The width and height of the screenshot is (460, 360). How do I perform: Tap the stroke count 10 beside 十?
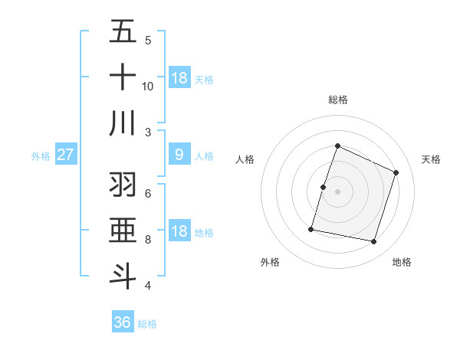[x=148, y=87]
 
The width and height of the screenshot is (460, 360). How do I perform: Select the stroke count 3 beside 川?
[x=148, y=132]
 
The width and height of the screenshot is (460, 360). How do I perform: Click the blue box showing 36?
[x=123, y=322]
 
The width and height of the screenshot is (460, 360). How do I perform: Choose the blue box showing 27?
[x=65, y=155]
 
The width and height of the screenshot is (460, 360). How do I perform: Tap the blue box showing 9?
[x=179, y=155]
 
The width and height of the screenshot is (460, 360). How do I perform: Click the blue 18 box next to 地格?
[x=179, y=232]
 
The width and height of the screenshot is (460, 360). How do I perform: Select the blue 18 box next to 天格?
[x=179, y=77]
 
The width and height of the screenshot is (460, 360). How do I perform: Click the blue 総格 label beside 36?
[x=147, y=324]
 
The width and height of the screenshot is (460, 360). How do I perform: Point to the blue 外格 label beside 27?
[x=41, y=156]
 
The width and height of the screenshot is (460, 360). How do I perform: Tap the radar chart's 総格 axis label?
[x=337, y=100]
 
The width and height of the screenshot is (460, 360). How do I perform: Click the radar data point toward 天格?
[x=396, y=172]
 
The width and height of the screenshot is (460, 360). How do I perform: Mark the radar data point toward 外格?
[x=311, y=228]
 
